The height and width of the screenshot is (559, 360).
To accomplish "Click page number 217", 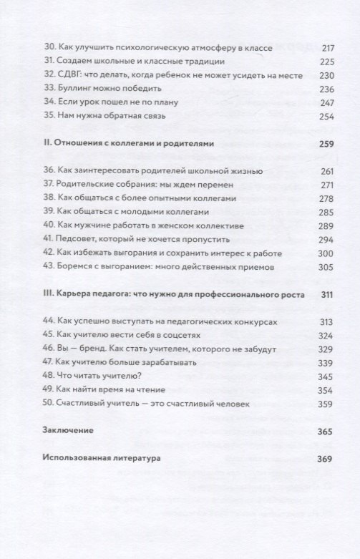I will [x=308, y=48].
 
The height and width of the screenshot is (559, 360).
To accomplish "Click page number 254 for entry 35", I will [x=308, y=116].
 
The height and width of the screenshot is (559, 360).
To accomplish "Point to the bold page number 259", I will [x=308, y=144].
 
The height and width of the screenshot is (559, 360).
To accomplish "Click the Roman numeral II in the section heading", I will [x=47, y=144].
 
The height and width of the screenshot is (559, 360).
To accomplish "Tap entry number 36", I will [x=50, y=171].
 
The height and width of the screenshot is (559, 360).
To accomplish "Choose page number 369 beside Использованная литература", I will [x=308, y=458].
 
